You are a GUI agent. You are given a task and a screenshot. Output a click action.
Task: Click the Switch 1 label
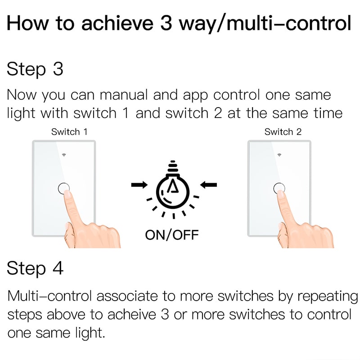[x=69, y=132]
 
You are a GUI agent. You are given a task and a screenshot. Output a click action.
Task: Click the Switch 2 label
[x=283, y=132]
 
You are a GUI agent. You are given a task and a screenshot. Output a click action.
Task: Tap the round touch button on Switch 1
[x=64, y=188]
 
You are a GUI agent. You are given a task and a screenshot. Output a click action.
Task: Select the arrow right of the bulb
[x=208, y=184]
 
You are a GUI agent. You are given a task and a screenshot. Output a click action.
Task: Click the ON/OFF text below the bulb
[x=172, y=234]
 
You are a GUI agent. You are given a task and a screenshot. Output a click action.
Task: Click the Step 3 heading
[x=35, y=70]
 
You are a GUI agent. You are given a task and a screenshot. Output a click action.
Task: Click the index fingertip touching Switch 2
[x=282, y=193]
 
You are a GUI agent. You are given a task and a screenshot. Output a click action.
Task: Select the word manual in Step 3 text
[x=124, y=95]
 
